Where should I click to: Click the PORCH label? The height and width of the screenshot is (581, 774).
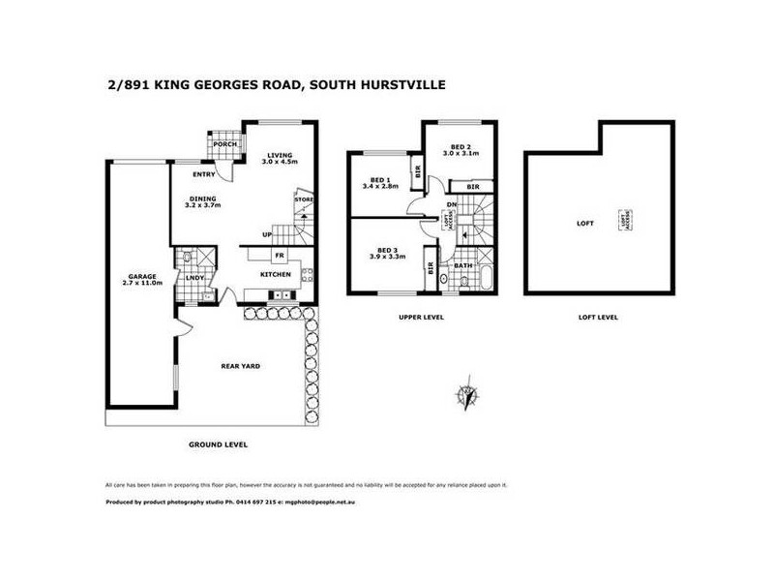[225, 145]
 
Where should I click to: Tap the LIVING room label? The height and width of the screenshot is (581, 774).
[281, 155]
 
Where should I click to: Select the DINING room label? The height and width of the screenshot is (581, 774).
[203, 200]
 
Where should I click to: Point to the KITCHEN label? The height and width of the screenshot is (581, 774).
[275, 274]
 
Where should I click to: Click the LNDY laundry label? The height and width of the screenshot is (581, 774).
[193, 279]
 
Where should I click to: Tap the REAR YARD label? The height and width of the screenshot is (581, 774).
[241, 366]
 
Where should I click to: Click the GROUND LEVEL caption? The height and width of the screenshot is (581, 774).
[218, 444]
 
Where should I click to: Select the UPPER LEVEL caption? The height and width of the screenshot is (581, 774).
[421, 317]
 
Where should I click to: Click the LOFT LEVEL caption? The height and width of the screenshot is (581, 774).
[598, 317]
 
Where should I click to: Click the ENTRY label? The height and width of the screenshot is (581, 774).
[203, 175]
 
